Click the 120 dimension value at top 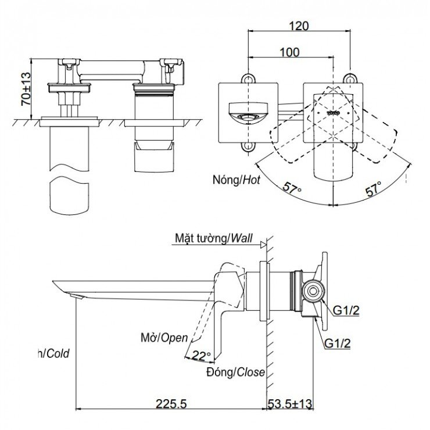point(300,26)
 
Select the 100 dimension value point(289,52)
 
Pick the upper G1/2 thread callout point(346,310)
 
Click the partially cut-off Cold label point(53,353)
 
